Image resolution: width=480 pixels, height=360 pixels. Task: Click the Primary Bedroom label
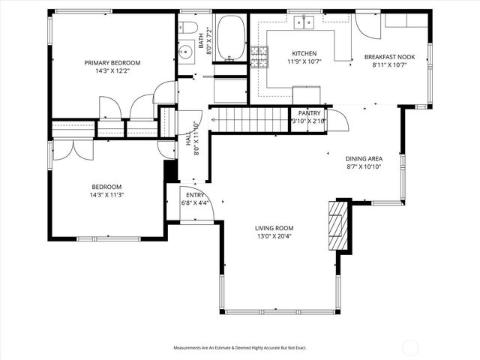[112, 63]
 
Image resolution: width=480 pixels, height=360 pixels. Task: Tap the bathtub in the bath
[229, 37]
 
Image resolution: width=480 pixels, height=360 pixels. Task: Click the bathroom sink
[185, 52]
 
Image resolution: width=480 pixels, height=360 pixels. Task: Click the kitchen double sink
[304, 22]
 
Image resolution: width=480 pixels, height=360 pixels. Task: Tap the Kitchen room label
[304, 54]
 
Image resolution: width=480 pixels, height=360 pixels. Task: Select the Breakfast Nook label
[389, 57]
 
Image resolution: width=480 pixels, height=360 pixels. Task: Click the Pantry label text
[309, 112]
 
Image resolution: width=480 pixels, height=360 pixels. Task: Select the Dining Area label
[364, 158]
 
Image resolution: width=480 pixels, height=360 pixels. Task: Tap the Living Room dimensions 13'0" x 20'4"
[274, 236]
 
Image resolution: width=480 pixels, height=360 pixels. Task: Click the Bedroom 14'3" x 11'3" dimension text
[106, 195]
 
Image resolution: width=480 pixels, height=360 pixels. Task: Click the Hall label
[187, 139]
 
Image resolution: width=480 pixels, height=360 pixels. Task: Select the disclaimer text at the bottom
[240, 348]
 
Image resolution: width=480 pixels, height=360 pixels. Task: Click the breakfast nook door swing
[367, 25]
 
